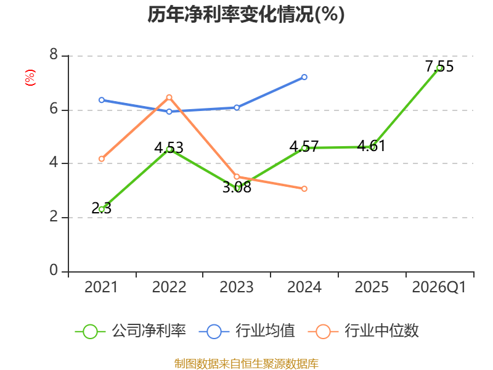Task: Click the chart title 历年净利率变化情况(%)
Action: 246,14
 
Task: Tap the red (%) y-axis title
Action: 30,78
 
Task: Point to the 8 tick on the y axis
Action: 54,54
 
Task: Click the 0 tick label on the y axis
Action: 54,270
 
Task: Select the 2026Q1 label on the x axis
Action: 439,287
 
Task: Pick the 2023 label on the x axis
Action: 237,287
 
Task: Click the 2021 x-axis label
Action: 101,287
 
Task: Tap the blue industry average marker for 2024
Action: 304,77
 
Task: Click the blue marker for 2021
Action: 101,100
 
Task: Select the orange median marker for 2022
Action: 169,97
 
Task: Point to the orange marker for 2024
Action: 304,189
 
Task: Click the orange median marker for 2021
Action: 101,159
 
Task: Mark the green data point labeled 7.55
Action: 439,68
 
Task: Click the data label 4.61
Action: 372,146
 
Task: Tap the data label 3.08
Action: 237,187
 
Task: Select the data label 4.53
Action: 169,147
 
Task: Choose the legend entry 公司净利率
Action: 131,331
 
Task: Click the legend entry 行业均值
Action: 247,331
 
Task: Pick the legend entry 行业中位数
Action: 363,331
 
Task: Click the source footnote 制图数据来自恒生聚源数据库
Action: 246,363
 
